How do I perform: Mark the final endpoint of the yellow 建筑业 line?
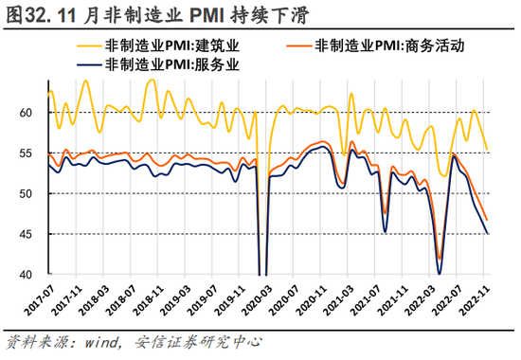(488, 150)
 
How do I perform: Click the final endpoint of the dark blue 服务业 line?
(488, 233)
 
